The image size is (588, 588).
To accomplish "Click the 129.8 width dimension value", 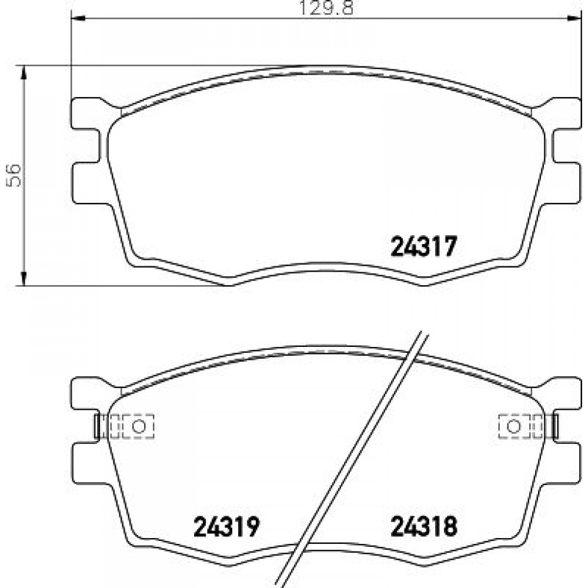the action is coord(326,7).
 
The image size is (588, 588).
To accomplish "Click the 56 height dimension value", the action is coord(14,175).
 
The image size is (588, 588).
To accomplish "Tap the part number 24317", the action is coord(424,246).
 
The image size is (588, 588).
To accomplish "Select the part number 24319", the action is coord(226,526).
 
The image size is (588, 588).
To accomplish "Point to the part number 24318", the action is coord(424,526).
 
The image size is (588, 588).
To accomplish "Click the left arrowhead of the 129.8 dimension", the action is coord(78,18).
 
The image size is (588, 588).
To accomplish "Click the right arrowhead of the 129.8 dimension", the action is coord(574,18).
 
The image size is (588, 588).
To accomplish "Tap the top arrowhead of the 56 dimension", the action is coord(24,73).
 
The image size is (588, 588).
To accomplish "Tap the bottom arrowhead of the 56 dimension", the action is coord(24,278).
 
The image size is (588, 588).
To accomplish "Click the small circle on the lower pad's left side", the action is coord(139,426).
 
